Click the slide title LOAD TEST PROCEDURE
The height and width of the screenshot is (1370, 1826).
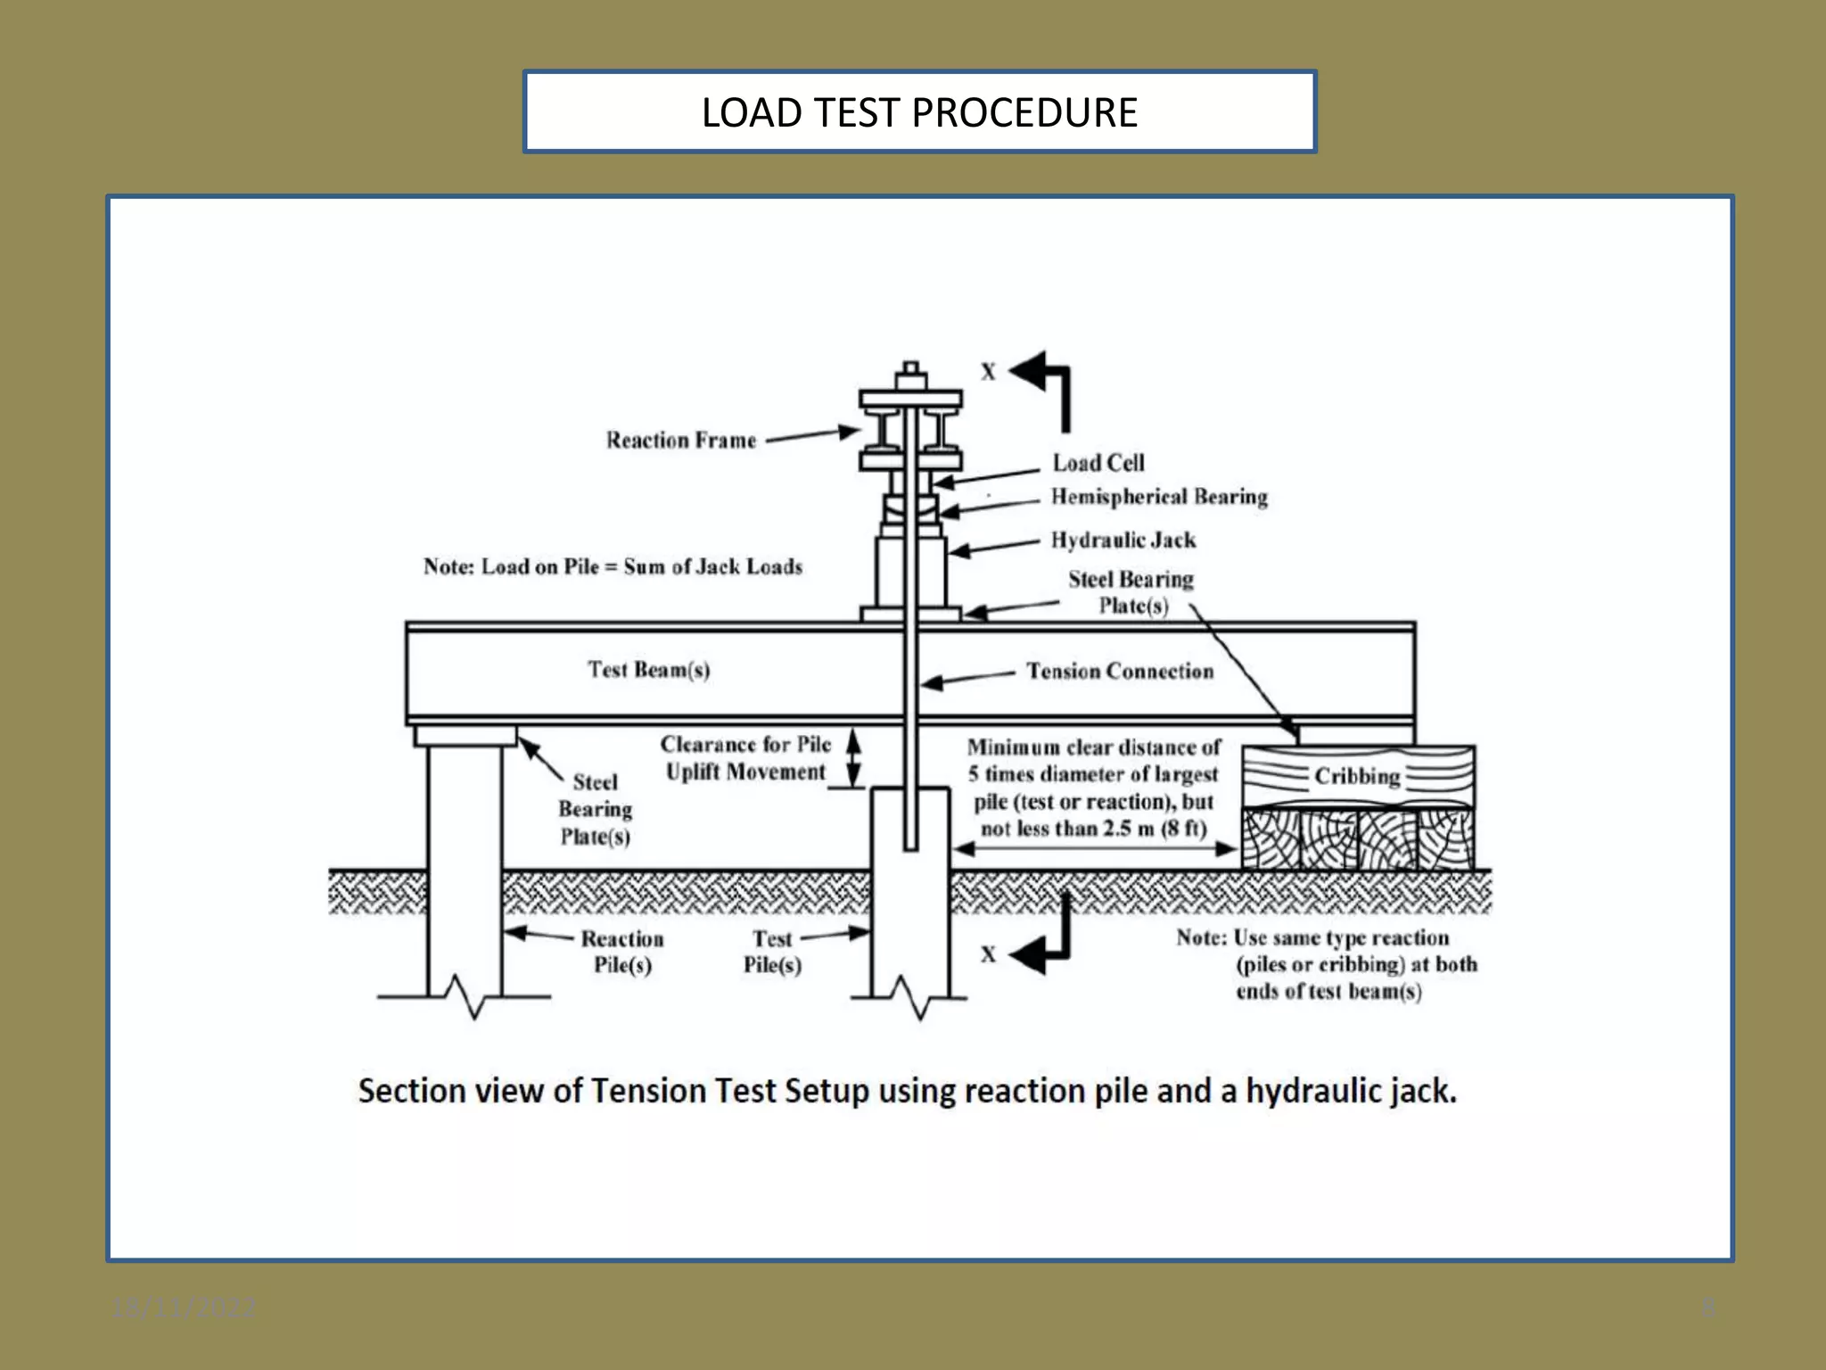(x=919, y=112)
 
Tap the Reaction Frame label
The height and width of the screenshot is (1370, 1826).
(x=681, y=441)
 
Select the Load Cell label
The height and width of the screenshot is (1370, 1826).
(x=1098, y=463)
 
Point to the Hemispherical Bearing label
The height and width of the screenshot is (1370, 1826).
(x=1158, y=497)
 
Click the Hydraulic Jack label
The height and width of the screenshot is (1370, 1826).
(x=1123, y=540)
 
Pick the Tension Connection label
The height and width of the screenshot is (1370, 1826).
(x=1119, y=671)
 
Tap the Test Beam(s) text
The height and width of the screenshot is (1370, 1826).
(x=648, y=669)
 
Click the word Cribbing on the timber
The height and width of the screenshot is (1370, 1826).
(x=1356, y=776)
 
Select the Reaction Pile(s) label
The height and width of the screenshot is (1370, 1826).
(x=622, y=952)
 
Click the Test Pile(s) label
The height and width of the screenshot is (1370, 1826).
(x=772, y=952)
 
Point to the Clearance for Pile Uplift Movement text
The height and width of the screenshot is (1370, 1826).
(x=745, y=758)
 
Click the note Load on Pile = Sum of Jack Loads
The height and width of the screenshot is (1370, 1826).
(x=613, y=567)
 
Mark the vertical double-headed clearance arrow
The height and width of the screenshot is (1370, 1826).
(x=853, y=758)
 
